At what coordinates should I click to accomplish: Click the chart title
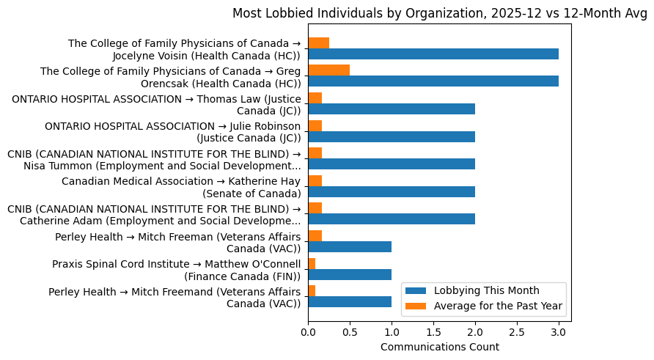pos(440,13)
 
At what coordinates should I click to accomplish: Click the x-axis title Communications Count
pos(440,347)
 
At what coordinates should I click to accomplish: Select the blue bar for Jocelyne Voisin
pos(433,54)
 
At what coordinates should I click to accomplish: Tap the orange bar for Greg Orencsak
pos(328,70)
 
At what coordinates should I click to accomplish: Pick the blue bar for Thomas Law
pos(391,109)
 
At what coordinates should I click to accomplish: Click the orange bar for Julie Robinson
pos(315,125)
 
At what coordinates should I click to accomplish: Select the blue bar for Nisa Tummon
pos(391,164)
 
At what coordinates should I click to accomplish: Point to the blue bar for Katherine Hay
pos(391,191)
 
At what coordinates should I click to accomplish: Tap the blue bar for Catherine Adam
pos(391,219)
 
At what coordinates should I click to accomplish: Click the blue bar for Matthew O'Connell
pos(349,274)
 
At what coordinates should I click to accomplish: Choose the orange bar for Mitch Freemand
pos(312,290)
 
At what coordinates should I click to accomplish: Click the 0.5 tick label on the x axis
pos(350,332)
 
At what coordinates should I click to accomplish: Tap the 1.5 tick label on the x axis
pos(433,332)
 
